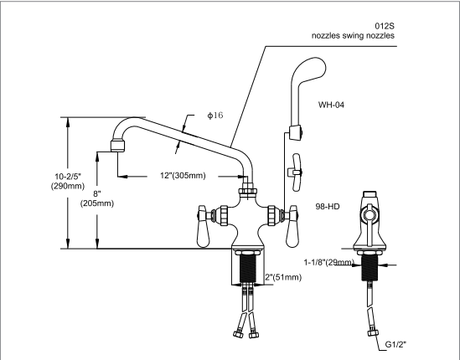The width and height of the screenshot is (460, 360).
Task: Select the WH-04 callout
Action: (333, 105)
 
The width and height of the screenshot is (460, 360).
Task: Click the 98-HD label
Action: (328, 206)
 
